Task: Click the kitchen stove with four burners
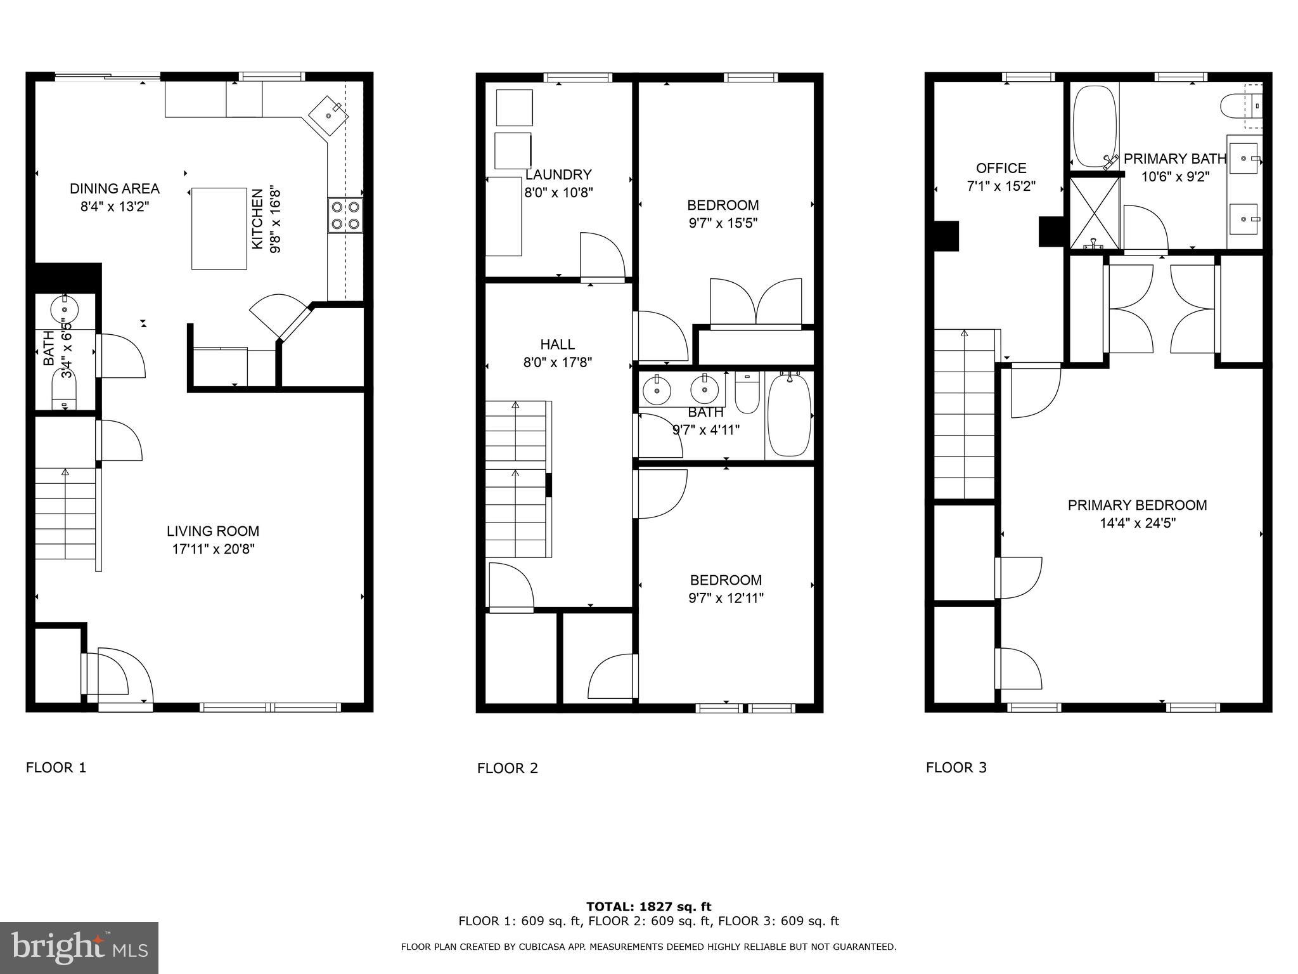click(x=345, y=215)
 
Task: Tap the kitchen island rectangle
click(x=219, y=228)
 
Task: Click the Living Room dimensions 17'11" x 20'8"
click(x=213, y=549)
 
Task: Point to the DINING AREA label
click(x=114, y=188)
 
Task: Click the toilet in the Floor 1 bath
click(x=63, y=393)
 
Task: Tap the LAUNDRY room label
click(x=558, y=174)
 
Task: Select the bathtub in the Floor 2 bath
click(x=789, y=415)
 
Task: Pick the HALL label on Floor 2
click(x=557, y=344)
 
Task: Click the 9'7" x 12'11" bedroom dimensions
click(x=726, y=598)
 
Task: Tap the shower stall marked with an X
click(x=1095, y=213)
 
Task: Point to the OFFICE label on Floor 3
click(x=1001, y=168)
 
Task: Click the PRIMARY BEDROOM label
click(x=1137, y=505)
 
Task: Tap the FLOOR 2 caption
click(x=507, y=769)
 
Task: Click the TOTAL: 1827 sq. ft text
click(x=648, y=907)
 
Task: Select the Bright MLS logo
click(x=79, y=947)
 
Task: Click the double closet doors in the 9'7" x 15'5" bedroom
click(x=755, y=302)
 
